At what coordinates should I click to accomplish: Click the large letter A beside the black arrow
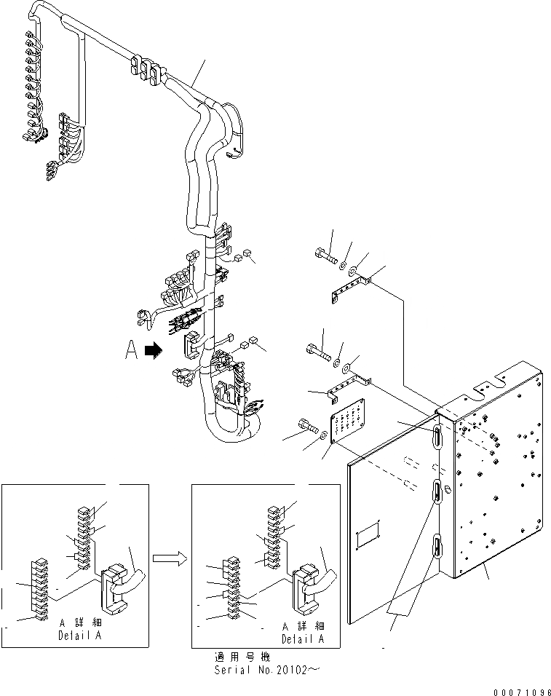click(x=132, y=351)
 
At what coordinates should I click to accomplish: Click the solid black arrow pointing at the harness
click(x=153, y=351)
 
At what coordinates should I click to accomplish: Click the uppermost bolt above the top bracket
click(x=324, y=256)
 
